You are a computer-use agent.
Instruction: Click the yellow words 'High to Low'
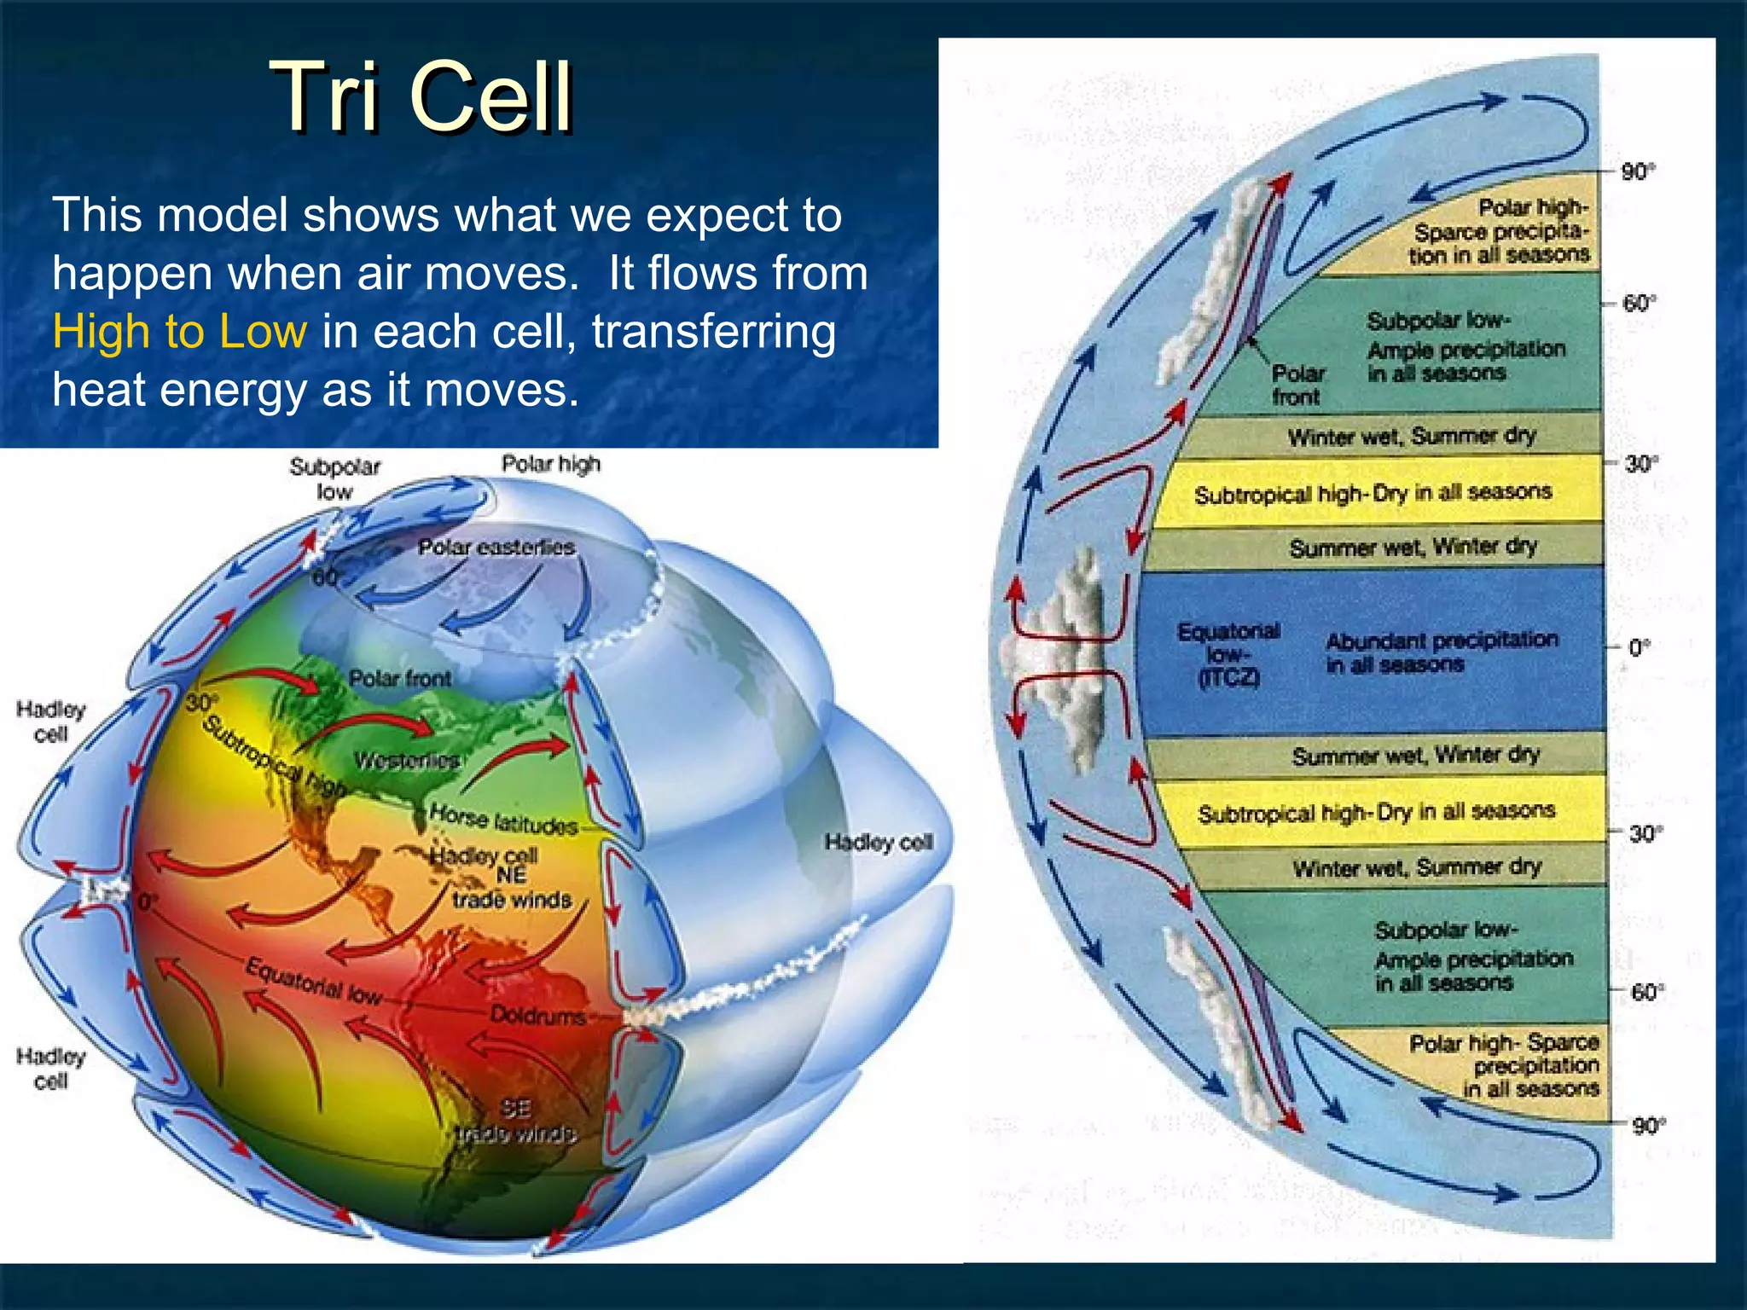(179, 331)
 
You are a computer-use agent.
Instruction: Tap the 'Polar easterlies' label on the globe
(496, 547)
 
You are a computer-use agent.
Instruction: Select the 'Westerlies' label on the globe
(407, 759)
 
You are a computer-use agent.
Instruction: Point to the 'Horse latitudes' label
(503, 820)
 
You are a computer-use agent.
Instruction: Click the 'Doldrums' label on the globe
(537, 1015)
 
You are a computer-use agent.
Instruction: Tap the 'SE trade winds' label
(515, 1121)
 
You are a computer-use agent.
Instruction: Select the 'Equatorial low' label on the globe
(313, 981)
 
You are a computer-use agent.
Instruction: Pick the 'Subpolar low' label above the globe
(334, 478)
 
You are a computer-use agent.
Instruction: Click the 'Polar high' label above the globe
(551, 463)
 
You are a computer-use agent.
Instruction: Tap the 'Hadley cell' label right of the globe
(878, 843)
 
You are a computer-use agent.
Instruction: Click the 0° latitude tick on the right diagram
(1639, 647)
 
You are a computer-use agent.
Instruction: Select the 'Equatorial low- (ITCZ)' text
(1228, 654)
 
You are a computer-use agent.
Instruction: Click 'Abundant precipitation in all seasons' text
(1442, 652)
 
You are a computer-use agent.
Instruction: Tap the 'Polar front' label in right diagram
(1297, 385)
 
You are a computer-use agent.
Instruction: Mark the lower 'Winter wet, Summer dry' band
(1417, 867)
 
